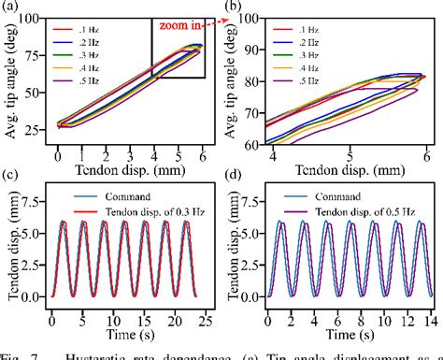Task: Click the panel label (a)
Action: point(11,7)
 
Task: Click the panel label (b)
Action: point(233,7)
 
